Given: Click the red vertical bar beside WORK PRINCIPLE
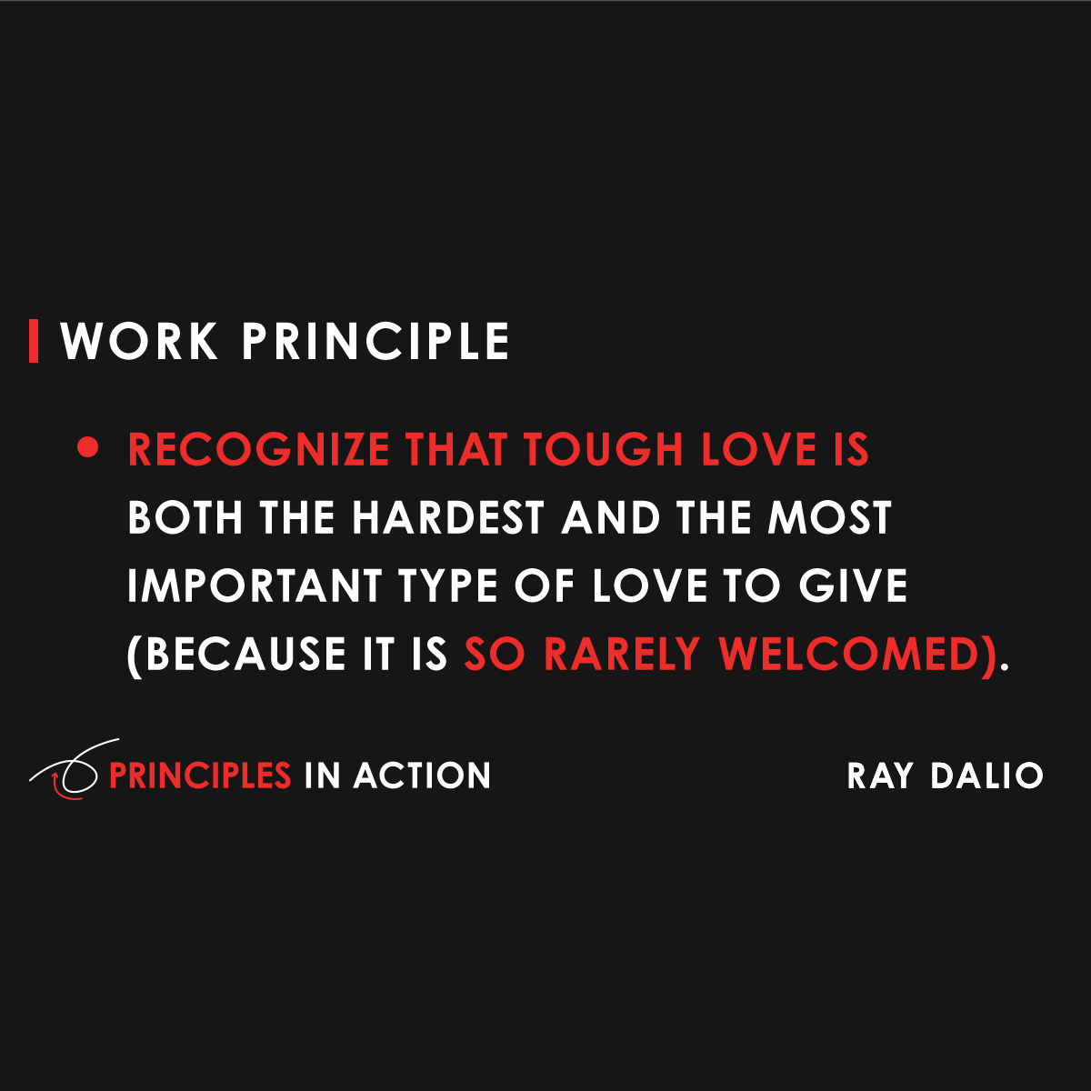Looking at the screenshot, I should pos(34,341).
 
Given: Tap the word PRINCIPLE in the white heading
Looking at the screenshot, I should pos(375,342).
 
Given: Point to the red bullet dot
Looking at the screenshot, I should pos(88,448).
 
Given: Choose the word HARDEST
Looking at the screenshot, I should pos(447,518).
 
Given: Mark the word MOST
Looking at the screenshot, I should pos(829,518).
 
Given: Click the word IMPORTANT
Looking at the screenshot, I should pos(255,586).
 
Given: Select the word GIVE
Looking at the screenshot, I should pos(853,586).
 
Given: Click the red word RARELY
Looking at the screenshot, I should pos(622,655).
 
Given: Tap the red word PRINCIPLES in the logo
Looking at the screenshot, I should pos(200,776).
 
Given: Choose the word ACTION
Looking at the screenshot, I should pos(423,776).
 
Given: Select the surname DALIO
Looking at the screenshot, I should pos(986,776).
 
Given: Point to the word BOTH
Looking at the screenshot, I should pos(185,518).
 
